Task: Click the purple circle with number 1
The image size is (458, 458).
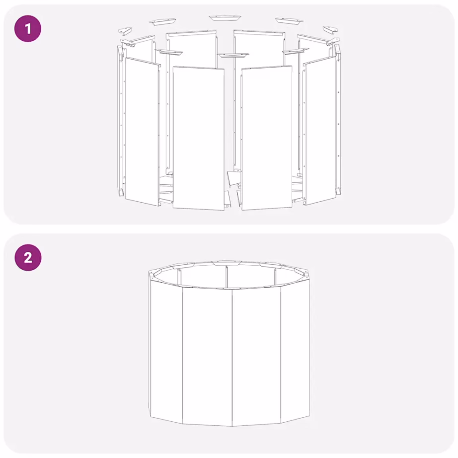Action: pos(28,29)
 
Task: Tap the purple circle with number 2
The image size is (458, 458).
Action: pos(28,258)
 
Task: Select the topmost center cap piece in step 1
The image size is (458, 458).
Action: pos(225,18)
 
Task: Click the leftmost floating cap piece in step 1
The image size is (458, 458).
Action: pos(125,31)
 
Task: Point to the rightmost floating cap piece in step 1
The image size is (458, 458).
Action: pos(330,29)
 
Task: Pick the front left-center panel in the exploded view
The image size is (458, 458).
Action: pos(199,138)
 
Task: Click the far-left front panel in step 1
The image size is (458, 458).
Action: pos(143,132)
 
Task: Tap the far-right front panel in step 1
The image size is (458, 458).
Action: pos(320,131)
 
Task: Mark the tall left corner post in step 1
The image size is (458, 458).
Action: pos(120,120)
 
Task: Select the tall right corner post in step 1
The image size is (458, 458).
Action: pos(338,119)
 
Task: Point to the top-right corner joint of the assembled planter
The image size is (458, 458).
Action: pos(305,273)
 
